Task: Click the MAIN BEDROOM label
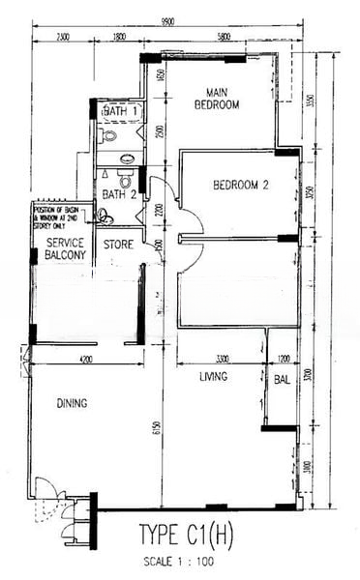tap(216, 99)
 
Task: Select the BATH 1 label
tap(122, 113)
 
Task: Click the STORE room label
tap(118, 245)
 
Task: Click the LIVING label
tap(213, 376)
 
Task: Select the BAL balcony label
tap(281, 380)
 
